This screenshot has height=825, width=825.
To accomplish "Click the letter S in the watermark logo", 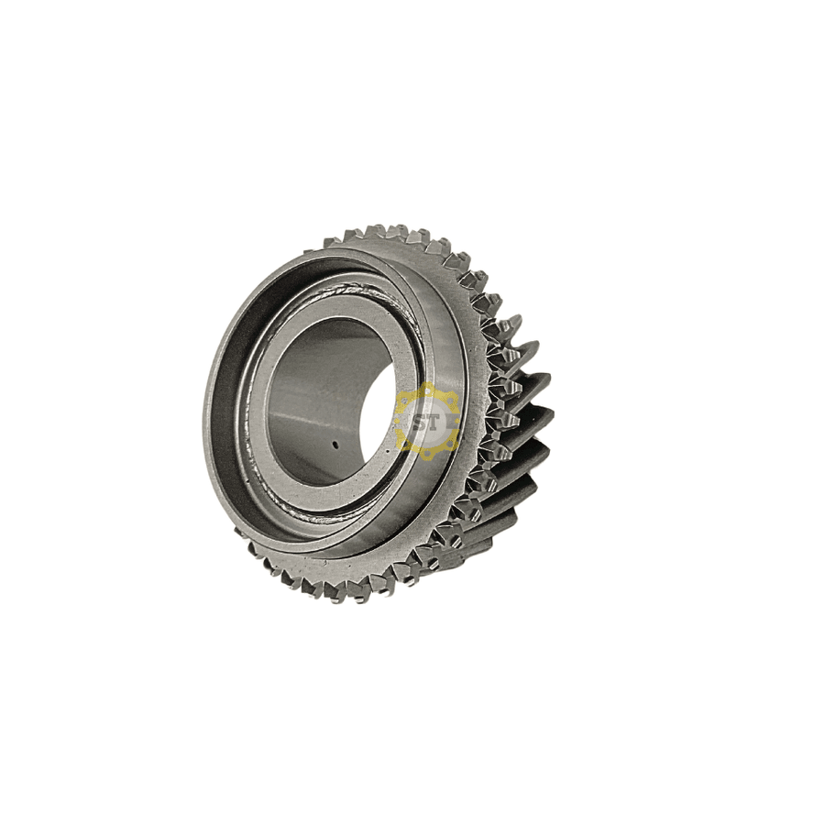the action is [420, 422].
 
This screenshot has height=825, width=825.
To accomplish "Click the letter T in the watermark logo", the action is [432, 422].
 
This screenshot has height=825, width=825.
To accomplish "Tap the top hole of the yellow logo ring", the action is [428, 390].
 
